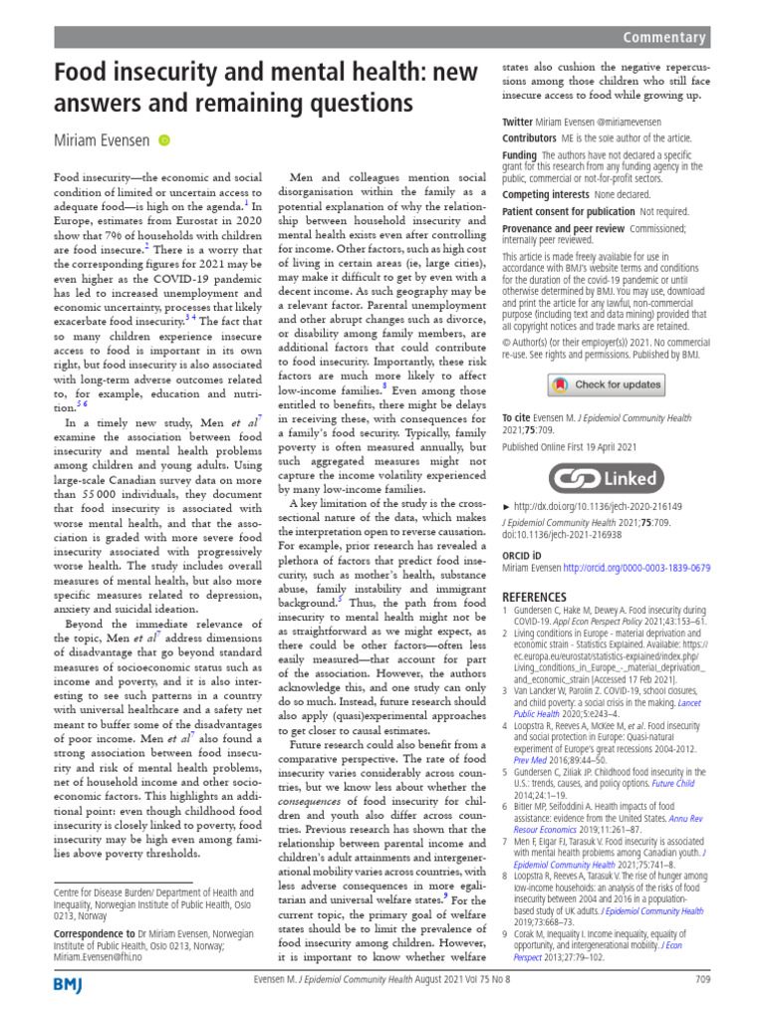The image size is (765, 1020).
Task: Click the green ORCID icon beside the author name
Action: pos(164,142)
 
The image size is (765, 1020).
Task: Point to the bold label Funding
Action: pos(519,156)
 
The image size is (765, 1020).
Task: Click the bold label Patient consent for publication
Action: pos(568,212)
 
